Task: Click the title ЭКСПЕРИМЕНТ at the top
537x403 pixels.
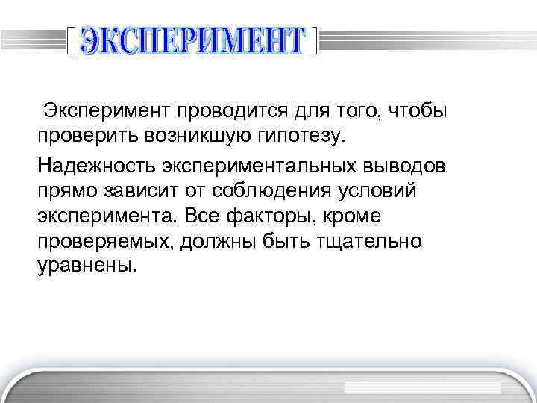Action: coord(193,41)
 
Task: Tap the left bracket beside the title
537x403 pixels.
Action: coord(69,41)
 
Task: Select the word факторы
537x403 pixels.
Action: coord(278,216)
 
